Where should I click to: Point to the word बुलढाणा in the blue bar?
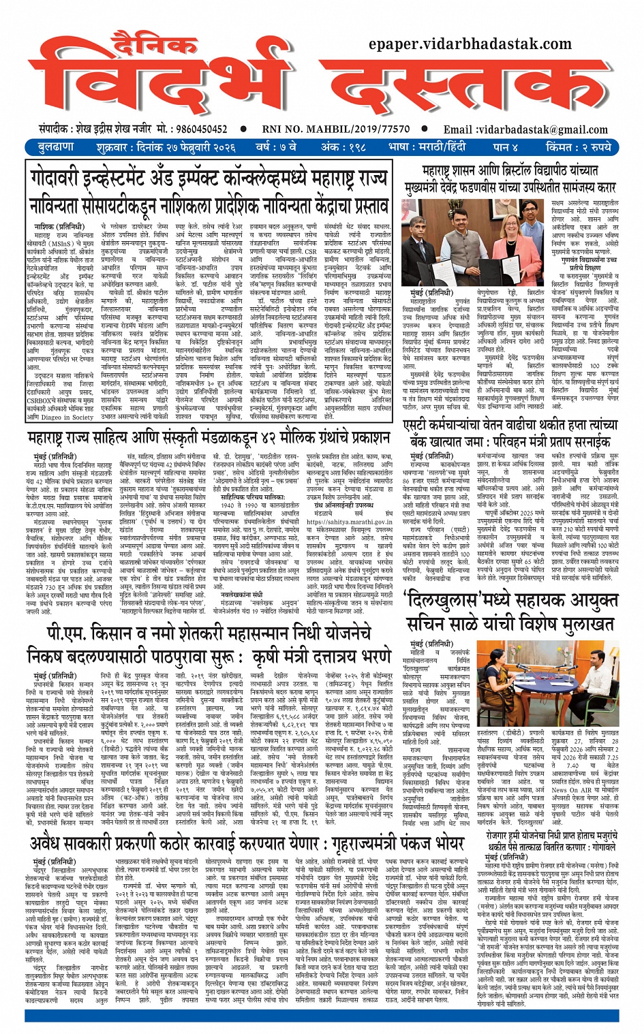(x=56, y=147)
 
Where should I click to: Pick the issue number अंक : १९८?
(x=343, y=147)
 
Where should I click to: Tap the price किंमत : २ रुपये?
(x=579, y=147)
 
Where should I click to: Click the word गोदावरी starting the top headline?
(x=59, y=178)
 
